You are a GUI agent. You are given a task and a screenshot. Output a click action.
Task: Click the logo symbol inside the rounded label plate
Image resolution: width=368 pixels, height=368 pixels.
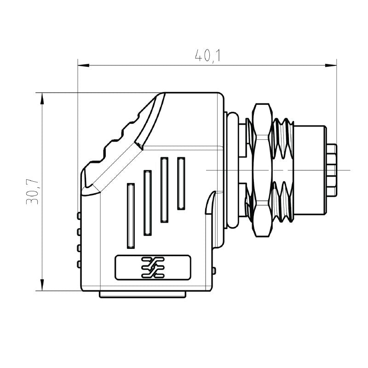pos(152,267)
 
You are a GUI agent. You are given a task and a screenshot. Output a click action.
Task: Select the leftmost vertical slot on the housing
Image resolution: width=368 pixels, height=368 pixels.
pos(131,214)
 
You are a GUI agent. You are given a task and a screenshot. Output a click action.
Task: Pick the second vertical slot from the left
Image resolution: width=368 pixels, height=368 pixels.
pos(148,202)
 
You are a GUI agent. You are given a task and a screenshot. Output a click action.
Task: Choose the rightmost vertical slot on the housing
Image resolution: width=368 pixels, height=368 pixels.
pos(181,182)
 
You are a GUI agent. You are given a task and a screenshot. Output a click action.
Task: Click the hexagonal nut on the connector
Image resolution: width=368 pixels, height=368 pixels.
pos(262,170)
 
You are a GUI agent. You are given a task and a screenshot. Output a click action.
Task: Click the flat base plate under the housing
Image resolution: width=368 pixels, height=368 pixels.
pos(143,294)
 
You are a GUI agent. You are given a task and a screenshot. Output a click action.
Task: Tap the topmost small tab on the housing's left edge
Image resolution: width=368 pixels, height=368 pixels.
pos(79,216)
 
